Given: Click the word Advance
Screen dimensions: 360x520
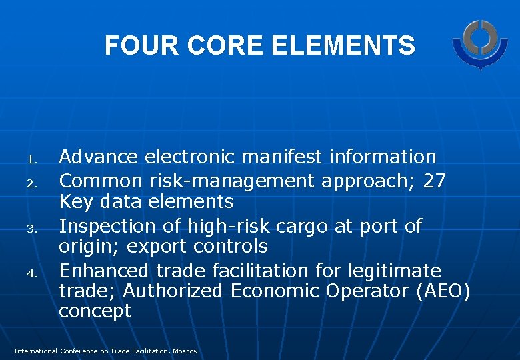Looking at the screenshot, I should (x=99, y=157).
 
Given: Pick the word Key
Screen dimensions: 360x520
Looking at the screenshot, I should (x=75, y=202).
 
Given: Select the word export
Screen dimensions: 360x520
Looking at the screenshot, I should (x=155, y=247).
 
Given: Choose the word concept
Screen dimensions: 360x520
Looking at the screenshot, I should (x=95, y=311).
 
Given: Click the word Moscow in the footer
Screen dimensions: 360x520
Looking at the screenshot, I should (x=184, y=351).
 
